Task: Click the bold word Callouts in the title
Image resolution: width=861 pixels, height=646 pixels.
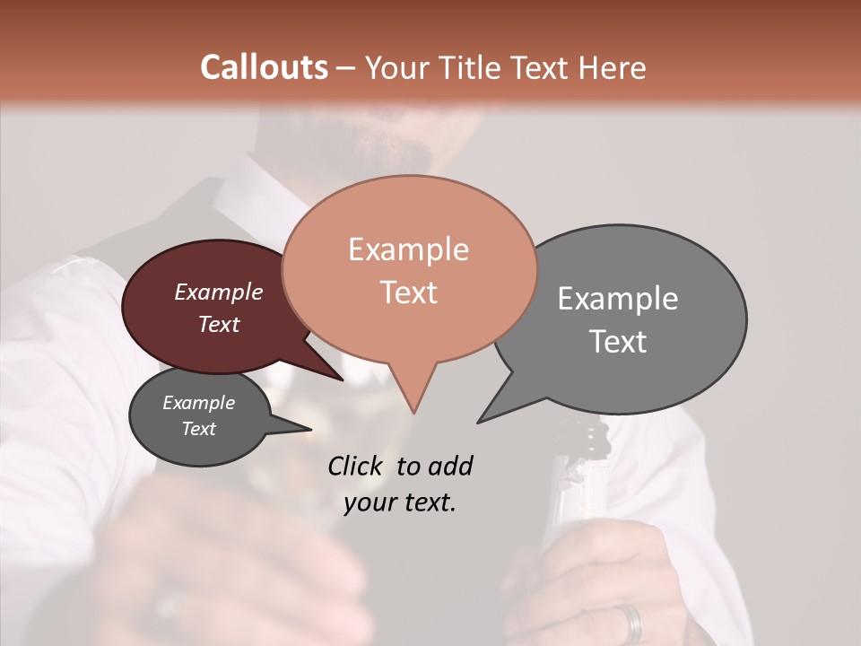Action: pos(264,67)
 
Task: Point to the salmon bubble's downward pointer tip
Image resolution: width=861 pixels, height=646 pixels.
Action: pos(413,412)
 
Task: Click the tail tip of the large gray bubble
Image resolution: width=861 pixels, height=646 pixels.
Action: pos(479,421)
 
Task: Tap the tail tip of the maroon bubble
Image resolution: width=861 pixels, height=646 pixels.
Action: pos(343,379)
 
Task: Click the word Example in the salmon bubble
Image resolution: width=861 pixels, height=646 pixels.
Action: pos(408,249)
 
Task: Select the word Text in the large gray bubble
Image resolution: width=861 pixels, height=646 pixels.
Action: pos(618,341)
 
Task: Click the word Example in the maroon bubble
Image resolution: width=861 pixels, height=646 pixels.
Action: pos(219,292)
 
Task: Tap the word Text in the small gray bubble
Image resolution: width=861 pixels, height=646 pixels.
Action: pos(199,429)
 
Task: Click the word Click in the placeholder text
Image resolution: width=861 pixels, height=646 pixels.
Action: pos(356,466)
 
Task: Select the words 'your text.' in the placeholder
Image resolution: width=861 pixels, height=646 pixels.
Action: pos(400,502)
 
